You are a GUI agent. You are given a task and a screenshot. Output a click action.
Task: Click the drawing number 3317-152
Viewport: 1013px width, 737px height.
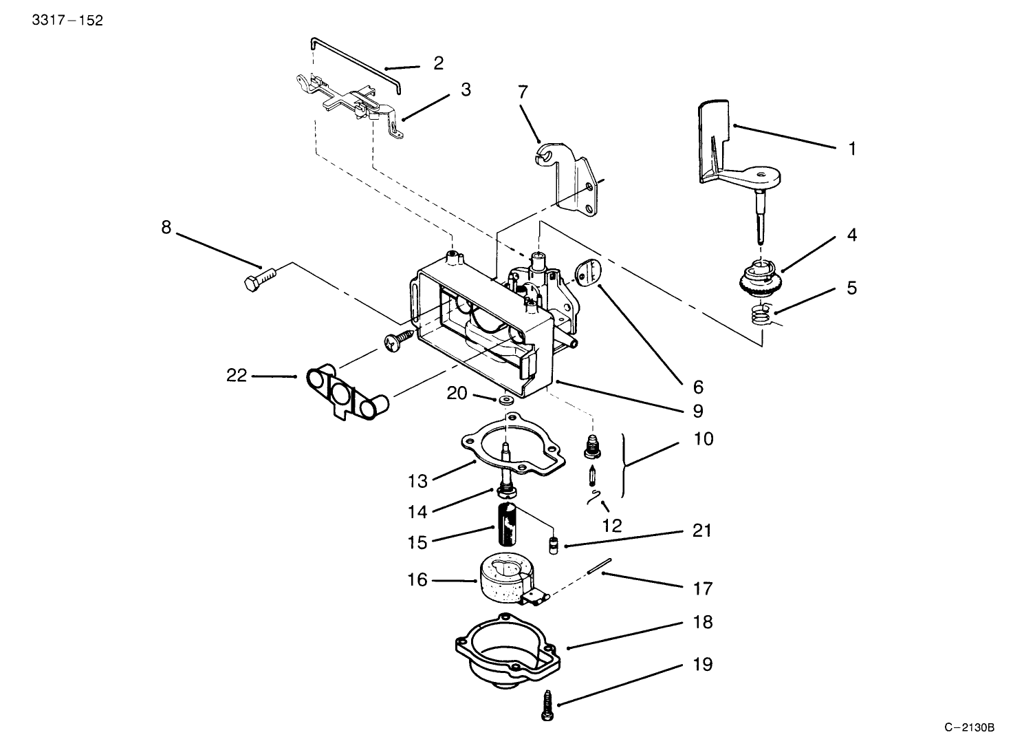(67, 21)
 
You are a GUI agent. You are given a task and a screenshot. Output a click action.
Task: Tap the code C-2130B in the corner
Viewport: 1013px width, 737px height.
(969, 727)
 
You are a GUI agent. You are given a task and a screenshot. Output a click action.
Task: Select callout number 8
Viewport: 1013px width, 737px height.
(166, 227)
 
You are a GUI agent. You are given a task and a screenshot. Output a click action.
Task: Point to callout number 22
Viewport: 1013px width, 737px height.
(237, 376)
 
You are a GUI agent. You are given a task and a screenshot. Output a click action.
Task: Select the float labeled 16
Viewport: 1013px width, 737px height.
(506, 578)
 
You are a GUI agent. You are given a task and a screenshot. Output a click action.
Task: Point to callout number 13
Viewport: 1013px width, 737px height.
(417, 480)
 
